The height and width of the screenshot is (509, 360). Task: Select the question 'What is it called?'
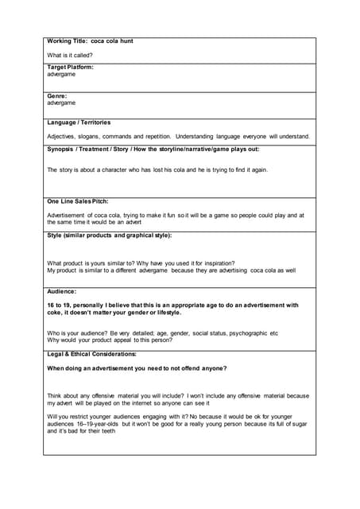pyautogui.click(x=70, y=55)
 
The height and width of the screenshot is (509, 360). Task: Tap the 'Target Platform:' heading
pyautogui.click(x=70, y=68)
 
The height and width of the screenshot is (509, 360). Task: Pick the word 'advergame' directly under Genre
pyautogui.click(x=61, y=103)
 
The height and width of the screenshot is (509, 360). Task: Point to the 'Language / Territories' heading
pyautogui.click(x=79, y=122)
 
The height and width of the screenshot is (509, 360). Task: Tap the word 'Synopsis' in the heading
pyautogui.click(x=63, y=149)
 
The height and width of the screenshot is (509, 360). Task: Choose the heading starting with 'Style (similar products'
pyautogui.click(x=109, y=235)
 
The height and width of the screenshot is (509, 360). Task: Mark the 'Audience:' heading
pyautogui.click(x=62, y=292)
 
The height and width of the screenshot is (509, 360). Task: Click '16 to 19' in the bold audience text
pyautogui.click(x=60, y=305)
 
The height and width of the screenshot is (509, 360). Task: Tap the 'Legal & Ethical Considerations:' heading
pyautogui.click(x=91, y=354)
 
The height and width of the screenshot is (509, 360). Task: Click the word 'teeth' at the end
pyautogui.click(x=106, y=431)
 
